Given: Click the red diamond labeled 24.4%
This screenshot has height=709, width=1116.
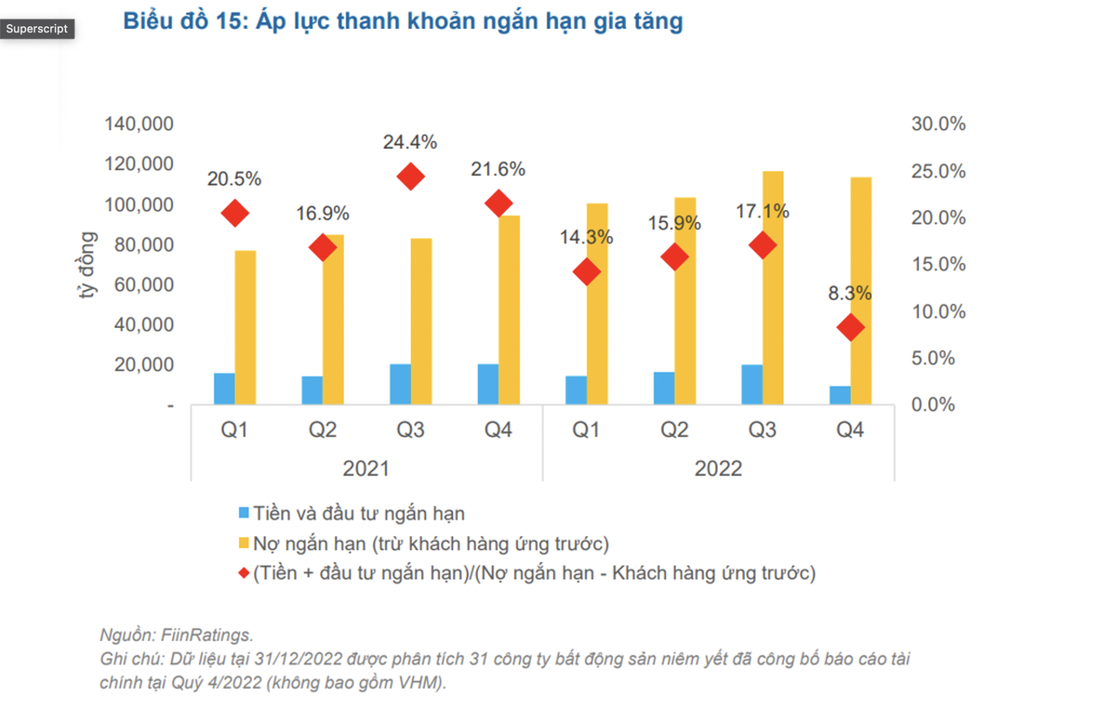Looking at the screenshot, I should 410,177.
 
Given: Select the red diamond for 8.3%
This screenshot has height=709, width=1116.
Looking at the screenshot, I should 850,327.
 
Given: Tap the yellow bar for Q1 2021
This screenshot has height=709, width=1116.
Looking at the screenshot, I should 245,327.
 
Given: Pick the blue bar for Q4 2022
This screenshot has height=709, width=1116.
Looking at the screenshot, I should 840,395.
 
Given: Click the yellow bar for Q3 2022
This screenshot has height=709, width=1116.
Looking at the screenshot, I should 773,288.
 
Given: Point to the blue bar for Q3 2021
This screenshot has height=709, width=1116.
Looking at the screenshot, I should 400,384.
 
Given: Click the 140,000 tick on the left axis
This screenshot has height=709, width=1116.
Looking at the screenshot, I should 142,125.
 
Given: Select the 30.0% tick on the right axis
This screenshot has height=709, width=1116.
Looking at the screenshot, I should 937,125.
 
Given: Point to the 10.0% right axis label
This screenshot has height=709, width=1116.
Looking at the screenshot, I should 937,311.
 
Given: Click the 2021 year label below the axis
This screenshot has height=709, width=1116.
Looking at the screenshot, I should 366,468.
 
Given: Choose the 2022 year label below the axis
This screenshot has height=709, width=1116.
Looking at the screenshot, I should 718,468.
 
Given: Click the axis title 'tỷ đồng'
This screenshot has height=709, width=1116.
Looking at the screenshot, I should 87,266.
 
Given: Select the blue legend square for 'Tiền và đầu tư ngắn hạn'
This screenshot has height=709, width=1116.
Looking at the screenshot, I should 244,513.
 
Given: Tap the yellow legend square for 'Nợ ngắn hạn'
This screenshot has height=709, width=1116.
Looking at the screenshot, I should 244,543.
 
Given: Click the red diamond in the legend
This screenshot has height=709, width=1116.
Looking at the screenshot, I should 244,573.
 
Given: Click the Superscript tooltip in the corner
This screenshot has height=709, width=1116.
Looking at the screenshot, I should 37,29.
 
